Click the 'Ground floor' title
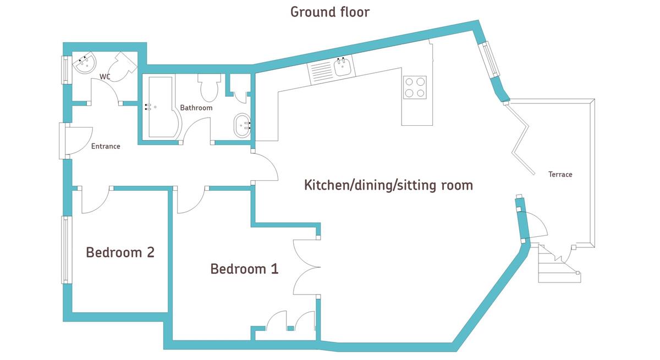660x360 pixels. [x=329, y=12]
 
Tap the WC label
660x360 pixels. [x=105, y=76]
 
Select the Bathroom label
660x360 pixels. [x=196, y=108]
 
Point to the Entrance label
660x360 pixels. [x=106, y=146]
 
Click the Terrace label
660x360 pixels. [x=560, y=174]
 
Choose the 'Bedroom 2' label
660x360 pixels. [x=120, y=252]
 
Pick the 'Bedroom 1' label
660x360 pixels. [x=244, y=269]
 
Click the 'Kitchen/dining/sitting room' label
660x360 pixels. [x=388, y=185]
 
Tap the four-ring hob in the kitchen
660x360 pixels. [x=415, y=87]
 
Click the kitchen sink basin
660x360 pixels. [x=342, y=68]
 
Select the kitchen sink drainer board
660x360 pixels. [x=321, y=73]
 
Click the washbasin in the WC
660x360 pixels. [x=84, y=63]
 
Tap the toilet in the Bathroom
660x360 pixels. [x=209, y=87]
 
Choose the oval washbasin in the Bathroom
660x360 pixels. [x=242, y=125]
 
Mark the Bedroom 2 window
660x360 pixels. [x=67, y=250]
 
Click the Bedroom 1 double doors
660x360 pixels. [x=307, y=267]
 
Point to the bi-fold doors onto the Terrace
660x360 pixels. [x=520, y=138]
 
